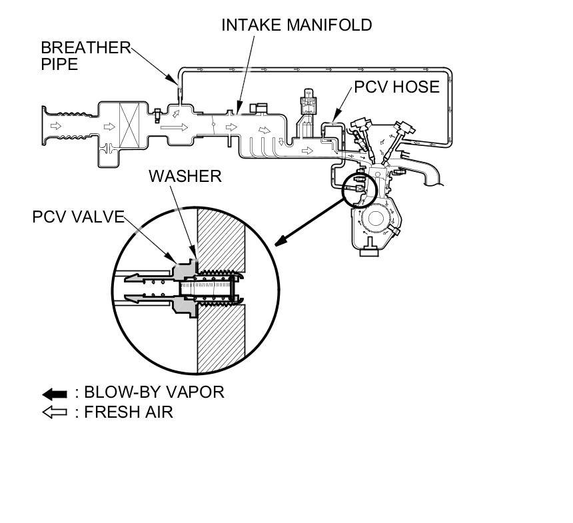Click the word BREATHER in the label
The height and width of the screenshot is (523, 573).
[85, 48]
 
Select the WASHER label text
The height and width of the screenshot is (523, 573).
[185, 176]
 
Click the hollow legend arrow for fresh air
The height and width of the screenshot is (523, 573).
[55, 412]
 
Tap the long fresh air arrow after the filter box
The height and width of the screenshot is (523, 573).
[175, 125]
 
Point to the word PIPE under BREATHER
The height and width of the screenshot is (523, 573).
[59, 65]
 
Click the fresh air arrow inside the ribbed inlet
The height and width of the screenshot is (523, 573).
[56, 125]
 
